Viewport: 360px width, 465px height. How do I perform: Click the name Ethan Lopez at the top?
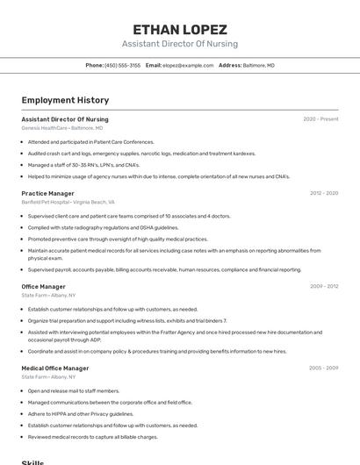pos(179,29)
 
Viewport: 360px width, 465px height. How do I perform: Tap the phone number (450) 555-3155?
pos(122,65)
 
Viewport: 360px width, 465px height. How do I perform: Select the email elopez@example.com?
pos(187,65)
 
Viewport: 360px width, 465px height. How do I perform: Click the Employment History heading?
pos(65,100)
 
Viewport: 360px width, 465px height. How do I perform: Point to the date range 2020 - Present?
pos(320,119)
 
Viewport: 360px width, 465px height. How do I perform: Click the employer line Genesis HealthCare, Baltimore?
pos(61,128)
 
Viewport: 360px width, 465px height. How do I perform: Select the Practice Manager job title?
pos(47,193)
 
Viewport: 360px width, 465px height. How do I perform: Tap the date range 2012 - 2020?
pos(323,193)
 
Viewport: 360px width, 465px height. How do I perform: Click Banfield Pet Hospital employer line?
pos(68,202)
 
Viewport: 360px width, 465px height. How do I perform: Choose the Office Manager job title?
pos(43,286)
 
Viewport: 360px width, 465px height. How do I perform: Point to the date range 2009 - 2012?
pos(323,286)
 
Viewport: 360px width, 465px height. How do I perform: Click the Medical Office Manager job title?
pos(55,368)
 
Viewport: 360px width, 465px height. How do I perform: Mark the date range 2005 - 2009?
pos(323,368)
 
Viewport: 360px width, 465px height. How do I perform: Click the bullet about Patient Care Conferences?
pos(90,141)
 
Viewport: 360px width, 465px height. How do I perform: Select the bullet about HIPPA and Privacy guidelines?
pos(81,413)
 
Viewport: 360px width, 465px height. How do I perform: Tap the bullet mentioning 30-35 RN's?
pos(83,164)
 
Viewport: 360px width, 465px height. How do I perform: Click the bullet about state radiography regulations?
pos(103,227)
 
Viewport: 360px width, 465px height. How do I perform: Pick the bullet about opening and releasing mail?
pos(74,390)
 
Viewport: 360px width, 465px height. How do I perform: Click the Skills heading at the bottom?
pos(33,461)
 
